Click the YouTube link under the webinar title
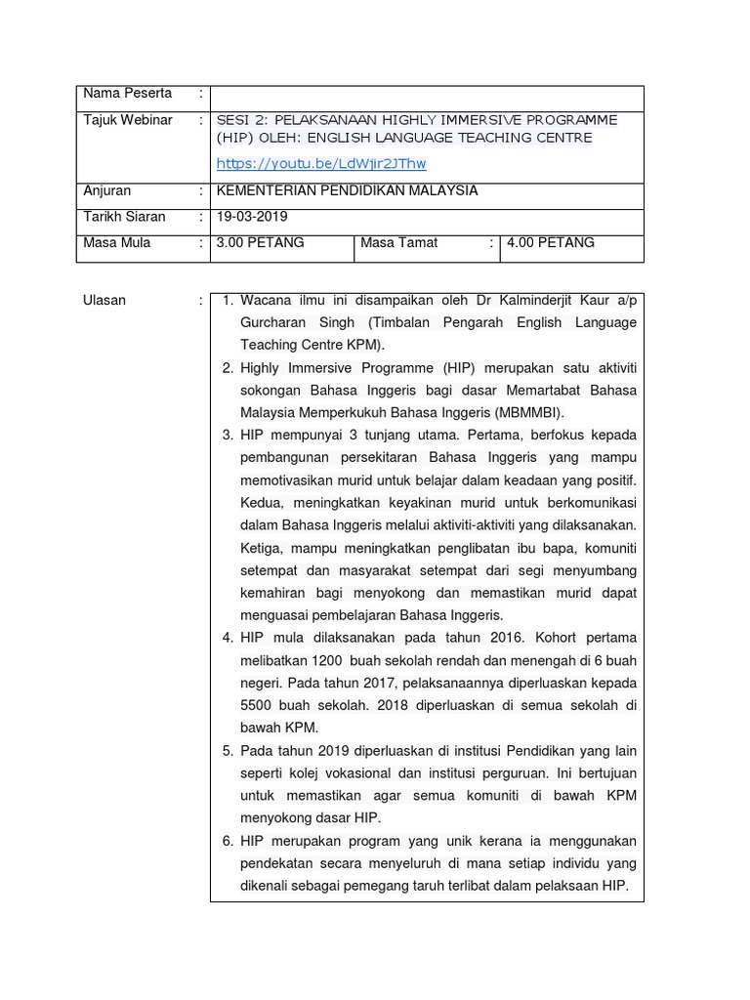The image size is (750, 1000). click(x=320, y=164)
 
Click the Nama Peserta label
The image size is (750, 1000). click(x=127, y=94)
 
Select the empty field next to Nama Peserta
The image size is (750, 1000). click(x=427, y=99)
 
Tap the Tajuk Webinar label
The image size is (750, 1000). click(x=127, y=120)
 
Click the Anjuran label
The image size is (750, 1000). click(x=106, y=191)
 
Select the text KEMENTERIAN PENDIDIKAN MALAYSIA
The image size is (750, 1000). click(x=347, y=191)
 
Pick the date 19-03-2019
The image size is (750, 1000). click(x=252, y=217)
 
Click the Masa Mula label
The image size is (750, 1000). click(x=117, y=242)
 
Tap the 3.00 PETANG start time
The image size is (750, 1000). click(x=260, y=242)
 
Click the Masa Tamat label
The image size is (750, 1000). click(x=398, y=242)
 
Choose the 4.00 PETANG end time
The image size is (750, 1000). click(x=550, y=242)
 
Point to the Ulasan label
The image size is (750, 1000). click(x=104, y=301)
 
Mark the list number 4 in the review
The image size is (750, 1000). click(x=227, y=638)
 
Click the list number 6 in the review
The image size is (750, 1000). click(x=227, y=841)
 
